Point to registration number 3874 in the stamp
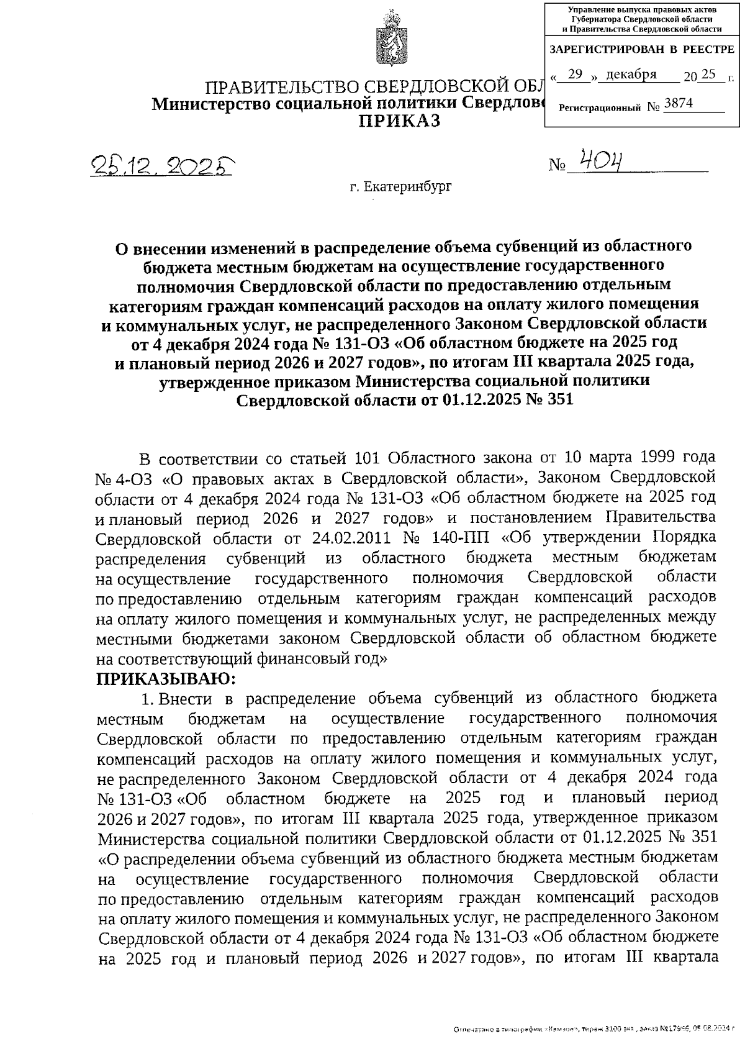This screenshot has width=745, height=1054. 679,104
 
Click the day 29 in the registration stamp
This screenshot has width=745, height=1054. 576,75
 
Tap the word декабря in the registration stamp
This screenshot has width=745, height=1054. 631,75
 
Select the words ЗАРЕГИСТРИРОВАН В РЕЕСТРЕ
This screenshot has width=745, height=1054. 641,49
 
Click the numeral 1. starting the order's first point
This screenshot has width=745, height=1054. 147,699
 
